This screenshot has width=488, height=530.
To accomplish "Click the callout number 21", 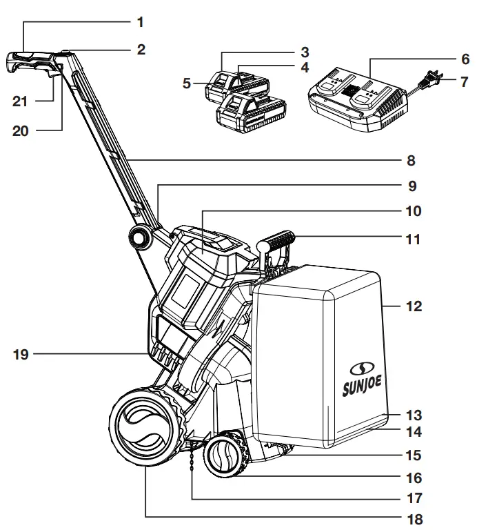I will point(22,101).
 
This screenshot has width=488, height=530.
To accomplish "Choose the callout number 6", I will point(465,59).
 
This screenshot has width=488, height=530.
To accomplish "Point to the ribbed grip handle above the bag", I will point(277,244).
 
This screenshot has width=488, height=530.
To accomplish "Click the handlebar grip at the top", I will point(31,61).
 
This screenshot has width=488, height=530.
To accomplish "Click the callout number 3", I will point(304,52).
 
